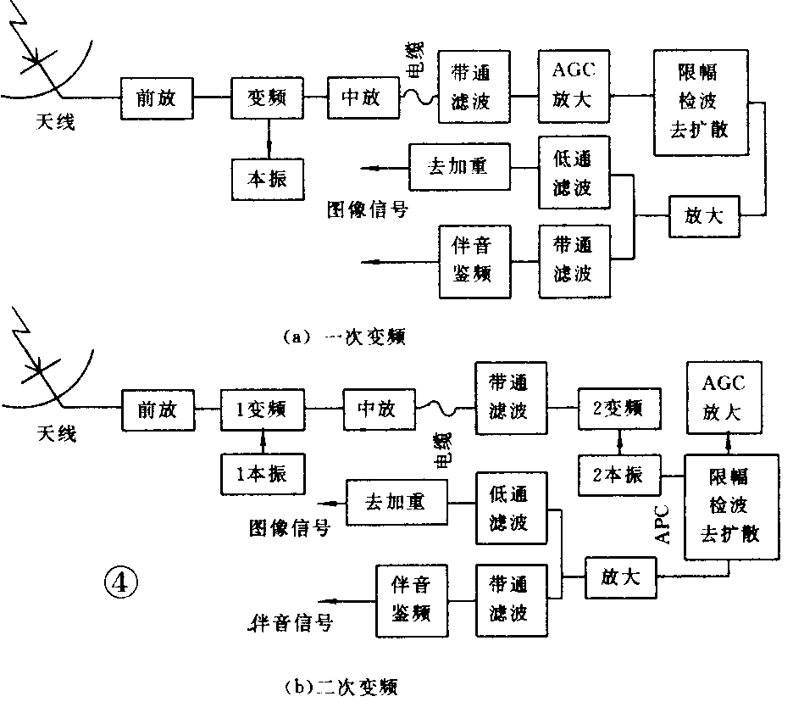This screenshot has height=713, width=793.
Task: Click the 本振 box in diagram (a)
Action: [x=268, y=179]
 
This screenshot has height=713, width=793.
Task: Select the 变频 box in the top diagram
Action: [x=268, y=97]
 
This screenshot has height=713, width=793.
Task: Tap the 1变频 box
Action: [x=263, y=409]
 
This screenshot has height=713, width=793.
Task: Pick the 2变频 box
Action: [x=620, y=409]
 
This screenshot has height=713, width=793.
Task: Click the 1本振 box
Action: [x=263, y=474]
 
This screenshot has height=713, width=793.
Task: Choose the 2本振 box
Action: [x=620, y=475]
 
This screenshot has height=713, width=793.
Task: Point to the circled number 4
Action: [x=119, y=582]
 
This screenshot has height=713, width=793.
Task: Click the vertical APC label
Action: [x=663, y=525]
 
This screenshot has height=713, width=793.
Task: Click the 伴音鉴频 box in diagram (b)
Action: [x=412, y=599]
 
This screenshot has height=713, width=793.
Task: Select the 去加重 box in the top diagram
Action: [x=459, y=166]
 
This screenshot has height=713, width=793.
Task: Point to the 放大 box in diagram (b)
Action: [x=621, y=578]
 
